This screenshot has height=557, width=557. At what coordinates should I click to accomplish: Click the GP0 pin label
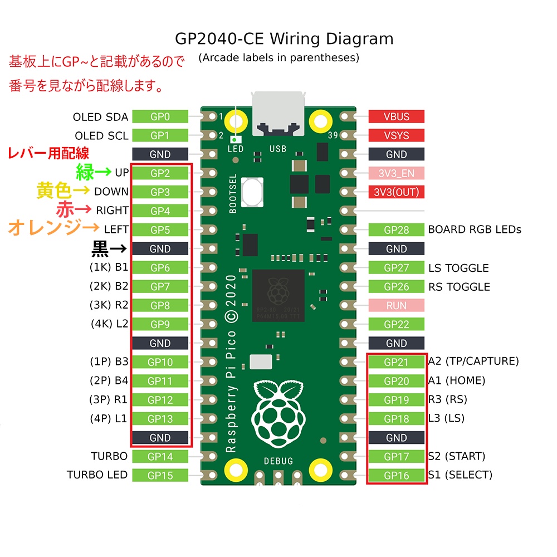tap(160, 116)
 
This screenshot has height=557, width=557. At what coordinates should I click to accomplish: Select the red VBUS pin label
tap(396, 116)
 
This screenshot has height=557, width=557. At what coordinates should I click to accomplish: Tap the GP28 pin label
tap(396, 229)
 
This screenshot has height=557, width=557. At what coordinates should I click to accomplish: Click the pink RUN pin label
tap(396, 305)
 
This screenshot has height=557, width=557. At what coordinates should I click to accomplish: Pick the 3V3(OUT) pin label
tap(396, 192)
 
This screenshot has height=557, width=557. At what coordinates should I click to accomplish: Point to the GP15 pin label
tap(160, 476)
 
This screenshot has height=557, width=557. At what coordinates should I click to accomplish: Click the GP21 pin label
tap(396, 362)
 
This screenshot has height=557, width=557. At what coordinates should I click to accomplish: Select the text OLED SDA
tap(100, 117)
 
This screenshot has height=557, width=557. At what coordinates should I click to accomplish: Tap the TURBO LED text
tap(97, 475)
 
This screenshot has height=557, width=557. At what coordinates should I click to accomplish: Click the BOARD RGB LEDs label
tap(475, 229)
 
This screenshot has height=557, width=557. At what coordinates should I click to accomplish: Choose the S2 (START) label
tap(457, 456)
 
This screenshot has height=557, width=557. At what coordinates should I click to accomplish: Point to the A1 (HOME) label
tap(457, 381)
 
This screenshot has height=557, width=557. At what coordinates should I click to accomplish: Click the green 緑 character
tap(85, 172)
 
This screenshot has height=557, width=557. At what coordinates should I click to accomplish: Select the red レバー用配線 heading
tap(48, 153)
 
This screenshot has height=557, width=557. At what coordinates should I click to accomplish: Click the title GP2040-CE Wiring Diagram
tap(284, 39)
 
